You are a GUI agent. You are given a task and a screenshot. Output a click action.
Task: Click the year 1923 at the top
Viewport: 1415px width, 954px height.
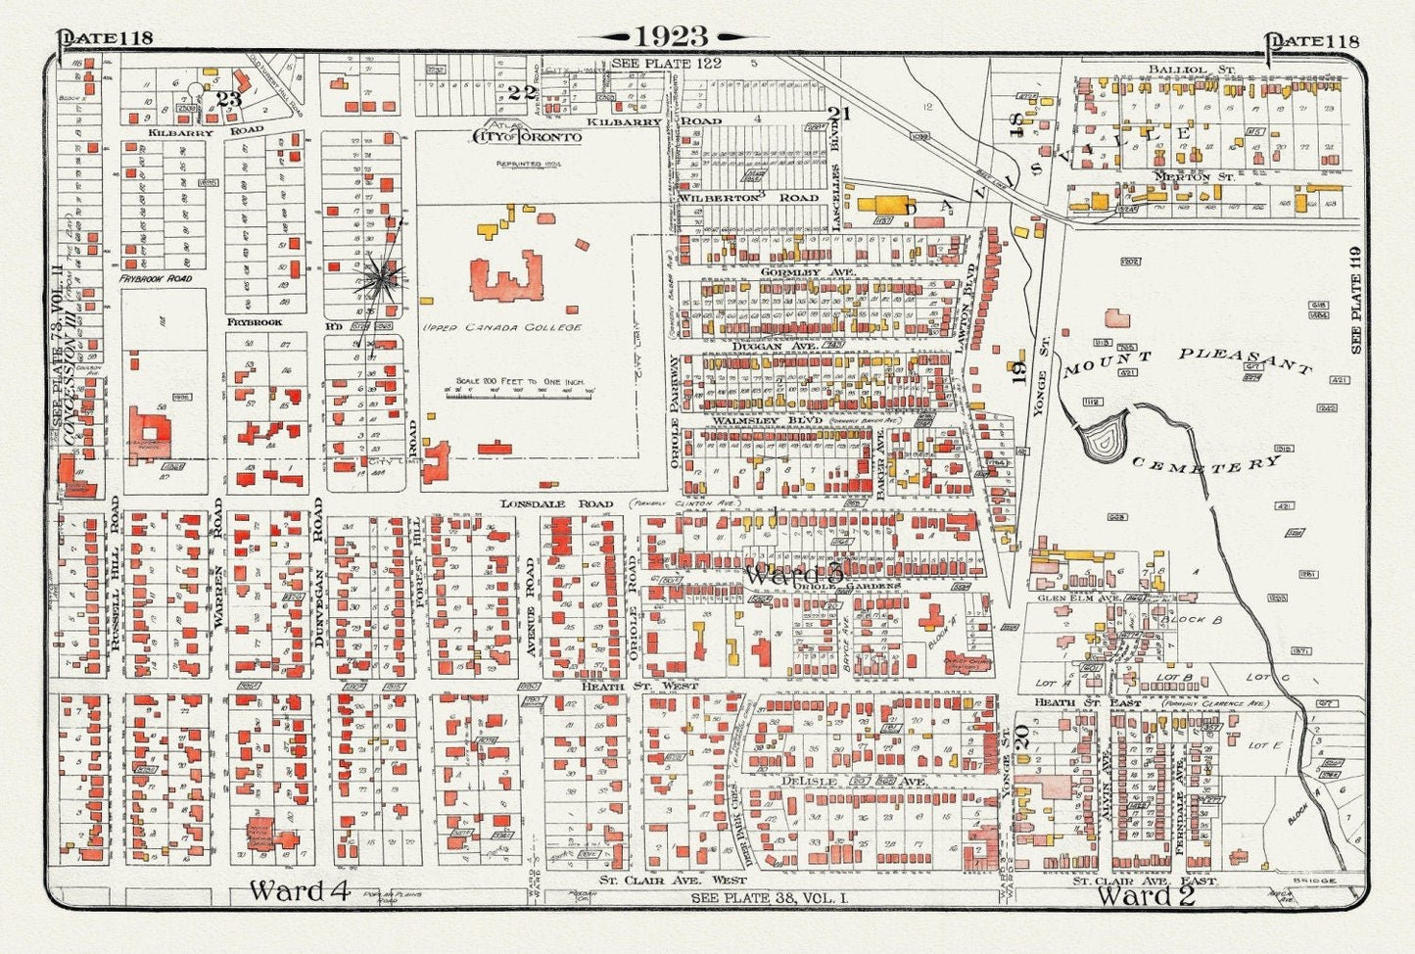pos(672,36)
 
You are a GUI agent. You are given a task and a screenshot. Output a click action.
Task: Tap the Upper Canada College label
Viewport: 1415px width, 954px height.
pos(501,327)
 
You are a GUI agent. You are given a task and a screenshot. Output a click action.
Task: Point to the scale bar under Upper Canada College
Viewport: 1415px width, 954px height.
pos(519,391)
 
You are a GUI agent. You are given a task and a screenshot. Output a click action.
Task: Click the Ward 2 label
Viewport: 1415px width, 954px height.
pos(1145,895)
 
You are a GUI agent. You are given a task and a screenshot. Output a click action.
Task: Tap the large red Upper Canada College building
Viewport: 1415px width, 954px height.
pos(505,276)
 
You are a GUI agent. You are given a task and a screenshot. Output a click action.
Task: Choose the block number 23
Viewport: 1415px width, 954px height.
pos(228,99)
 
